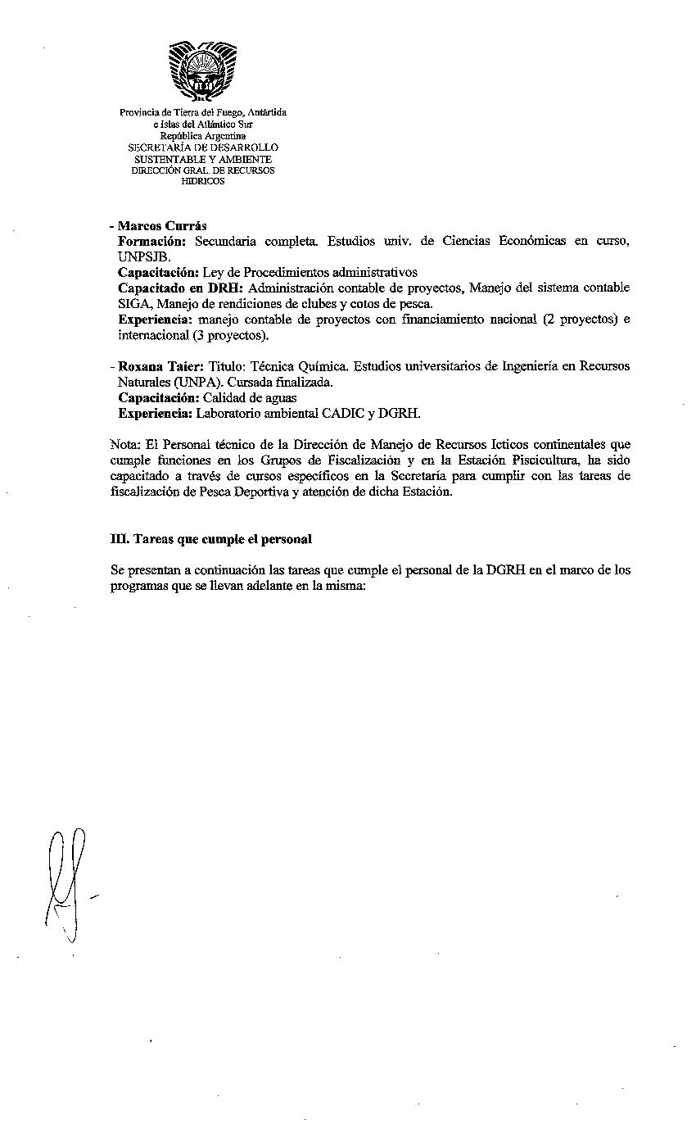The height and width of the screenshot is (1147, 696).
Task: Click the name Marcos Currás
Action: (162, 225)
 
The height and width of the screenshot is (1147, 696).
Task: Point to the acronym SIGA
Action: (132, 303)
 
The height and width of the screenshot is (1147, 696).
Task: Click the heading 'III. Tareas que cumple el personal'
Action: (210, 539)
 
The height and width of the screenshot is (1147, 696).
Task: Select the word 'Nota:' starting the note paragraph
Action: (124, 444)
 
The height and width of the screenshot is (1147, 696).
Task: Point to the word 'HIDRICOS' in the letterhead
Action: (202, 182)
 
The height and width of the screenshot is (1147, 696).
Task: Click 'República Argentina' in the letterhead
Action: (203, 135)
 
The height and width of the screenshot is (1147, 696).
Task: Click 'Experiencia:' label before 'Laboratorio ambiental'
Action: (155, 413)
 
